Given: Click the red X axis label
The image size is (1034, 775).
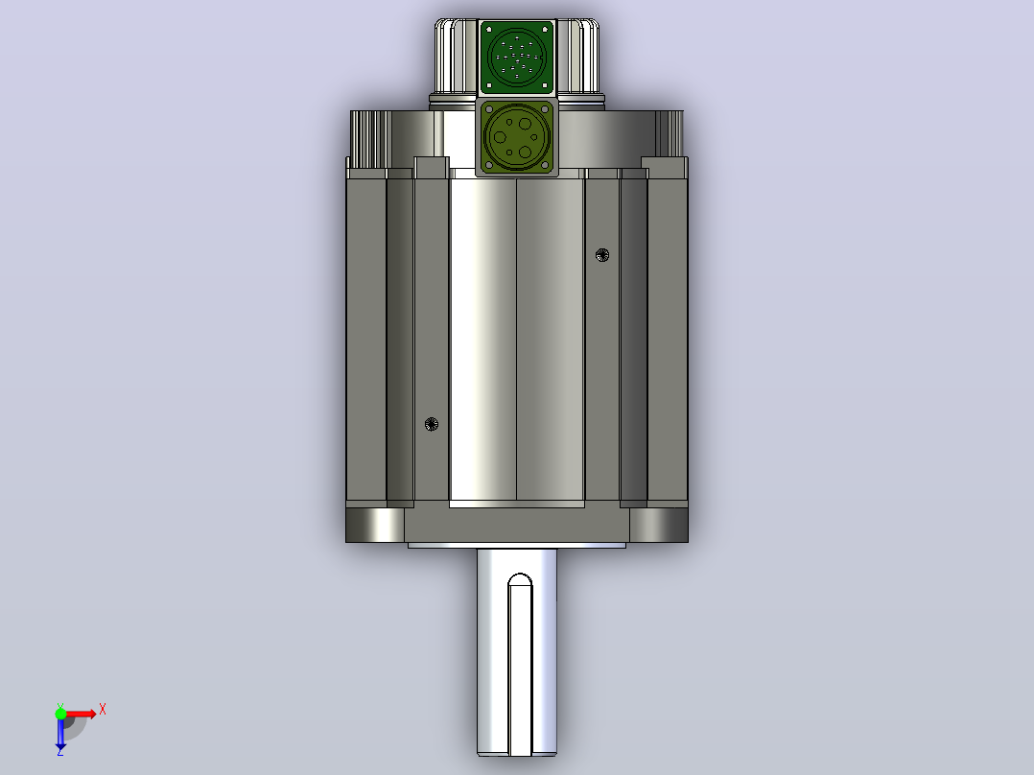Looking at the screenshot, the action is (x=103, y=710).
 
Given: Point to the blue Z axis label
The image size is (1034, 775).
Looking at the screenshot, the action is (x=60, y=751).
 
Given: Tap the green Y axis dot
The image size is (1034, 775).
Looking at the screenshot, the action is (x=60, y=714).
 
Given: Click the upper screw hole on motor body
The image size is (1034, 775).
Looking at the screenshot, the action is (x=602, y=255).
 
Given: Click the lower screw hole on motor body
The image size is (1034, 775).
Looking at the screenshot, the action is (x=432, y=424).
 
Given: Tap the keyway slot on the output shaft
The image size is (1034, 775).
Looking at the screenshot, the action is (x=520, y=664).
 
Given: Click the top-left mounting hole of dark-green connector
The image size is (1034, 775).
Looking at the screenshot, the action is (x=488, y=30).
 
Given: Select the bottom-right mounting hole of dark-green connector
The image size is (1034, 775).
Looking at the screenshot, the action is (x=545, y=85).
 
